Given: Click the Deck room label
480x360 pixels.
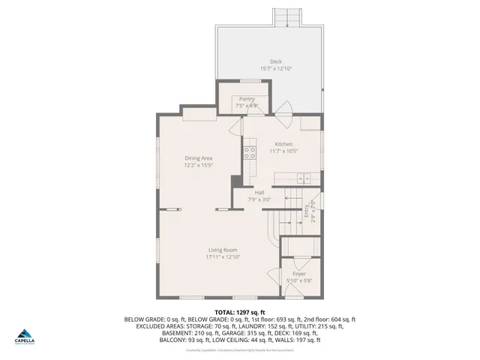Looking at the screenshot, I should (276, 61).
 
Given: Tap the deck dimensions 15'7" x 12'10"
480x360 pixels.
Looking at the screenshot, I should (276, 69).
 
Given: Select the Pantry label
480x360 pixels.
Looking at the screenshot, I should (247, 99).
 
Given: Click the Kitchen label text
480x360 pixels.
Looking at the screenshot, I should (283, 144).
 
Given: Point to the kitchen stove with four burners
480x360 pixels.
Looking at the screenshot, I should (249, 154).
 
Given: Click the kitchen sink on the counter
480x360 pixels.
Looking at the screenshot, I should (303, 178).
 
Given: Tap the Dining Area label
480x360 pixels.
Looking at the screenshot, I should (199, 157).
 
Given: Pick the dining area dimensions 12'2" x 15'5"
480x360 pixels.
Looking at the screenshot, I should (199, 165).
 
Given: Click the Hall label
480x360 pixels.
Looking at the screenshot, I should (259, 193).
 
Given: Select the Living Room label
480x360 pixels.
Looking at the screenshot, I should (223, 250).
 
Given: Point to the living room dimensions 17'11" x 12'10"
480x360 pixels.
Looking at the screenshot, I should (223, 257).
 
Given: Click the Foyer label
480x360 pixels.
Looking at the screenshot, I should (299, 274).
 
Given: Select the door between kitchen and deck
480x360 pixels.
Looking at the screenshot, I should (281, 108).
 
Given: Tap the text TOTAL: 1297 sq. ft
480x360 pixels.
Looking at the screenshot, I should (239, 311).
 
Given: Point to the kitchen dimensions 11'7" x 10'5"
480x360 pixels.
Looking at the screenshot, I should (283, 151).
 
